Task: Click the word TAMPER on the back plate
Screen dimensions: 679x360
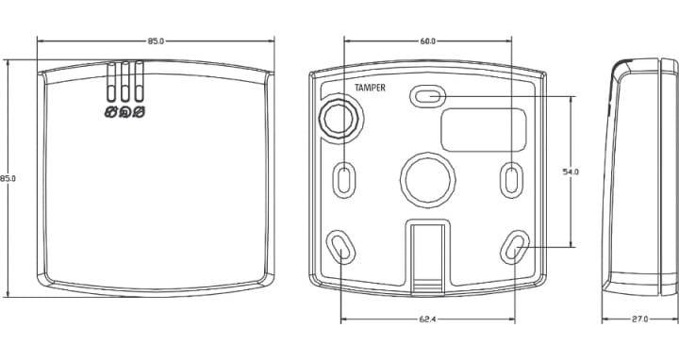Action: pos(370,88)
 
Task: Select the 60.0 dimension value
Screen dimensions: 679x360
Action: pos(427,41)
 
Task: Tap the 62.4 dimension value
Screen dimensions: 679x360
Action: pos(427,319)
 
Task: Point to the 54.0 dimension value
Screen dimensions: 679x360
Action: pos(571,172)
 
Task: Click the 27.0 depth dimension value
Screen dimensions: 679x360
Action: pos(639,319)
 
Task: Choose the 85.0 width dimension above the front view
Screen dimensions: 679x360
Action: pos(156,41)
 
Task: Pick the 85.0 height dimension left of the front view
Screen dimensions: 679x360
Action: pos(8,178)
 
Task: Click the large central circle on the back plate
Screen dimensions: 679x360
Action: pos(428,179)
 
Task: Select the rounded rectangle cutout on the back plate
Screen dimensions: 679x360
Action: pos(483,130)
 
